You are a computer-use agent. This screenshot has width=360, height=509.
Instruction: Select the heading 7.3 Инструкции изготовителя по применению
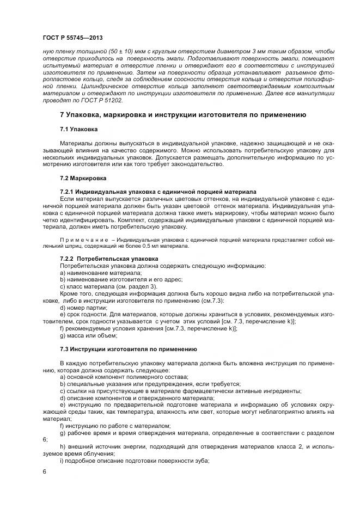(x=128, y=348)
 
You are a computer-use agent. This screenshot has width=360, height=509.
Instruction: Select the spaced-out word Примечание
(x=82, y=239)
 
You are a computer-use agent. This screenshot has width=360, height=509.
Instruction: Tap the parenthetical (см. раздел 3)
(x=134, y=286)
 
